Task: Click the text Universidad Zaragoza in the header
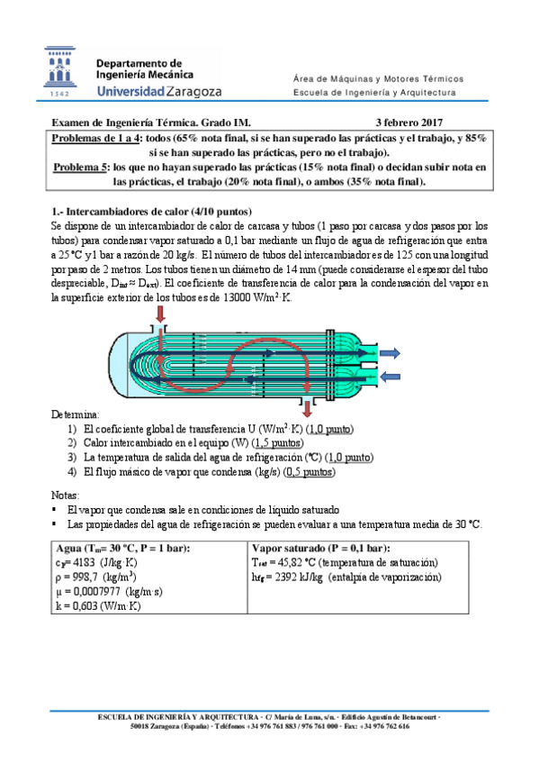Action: click(159, 91)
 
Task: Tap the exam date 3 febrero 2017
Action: click(409, 123)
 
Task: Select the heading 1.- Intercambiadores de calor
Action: click(151, 212)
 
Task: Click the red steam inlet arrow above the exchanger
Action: click(160, 314)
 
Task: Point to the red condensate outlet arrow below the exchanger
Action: click(307, 408)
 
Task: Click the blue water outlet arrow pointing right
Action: click(390, 353)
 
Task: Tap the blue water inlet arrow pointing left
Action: click(390, 377)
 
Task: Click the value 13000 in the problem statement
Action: click(237, 297)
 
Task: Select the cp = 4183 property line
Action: click(96, 563)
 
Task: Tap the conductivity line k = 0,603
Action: click(98, 606)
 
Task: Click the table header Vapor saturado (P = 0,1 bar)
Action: click(321, 548)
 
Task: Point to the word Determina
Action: click(75, 414)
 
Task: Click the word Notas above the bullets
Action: click(65, 496)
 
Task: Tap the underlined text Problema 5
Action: click(81, 168)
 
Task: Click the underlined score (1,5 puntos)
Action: click(277, 443)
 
